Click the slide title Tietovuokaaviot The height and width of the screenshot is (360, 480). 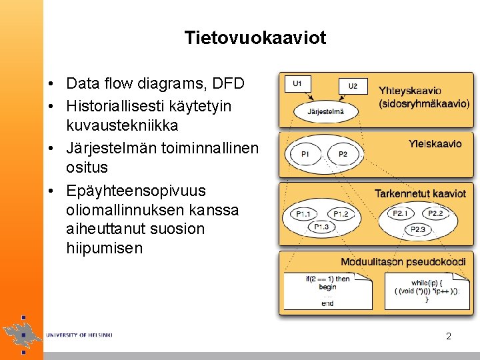[255, 38]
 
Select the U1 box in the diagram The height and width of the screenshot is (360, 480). [297, 83]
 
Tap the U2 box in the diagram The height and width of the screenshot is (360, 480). [353, 86]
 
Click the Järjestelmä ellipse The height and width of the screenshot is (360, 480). [325, 111]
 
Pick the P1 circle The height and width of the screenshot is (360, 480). [305, 155]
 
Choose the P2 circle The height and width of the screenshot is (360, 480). [343, 155]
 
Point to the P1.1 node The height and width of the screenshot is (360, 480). [303, 214]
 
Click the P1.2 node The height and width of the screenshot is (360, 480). [341, 214]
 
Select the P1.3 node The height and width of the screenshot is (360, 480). [321, 227]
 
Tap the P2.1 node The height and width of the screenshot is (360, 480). [400, 213]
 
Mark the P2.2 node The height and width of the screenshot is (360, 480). [436, 213]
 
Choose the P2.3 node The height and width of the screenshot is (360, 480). [418, 229]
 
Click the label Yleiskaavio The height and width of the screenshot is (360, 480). [435, 143]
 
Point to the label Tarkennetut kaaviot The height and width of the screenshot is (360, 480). [420, 193]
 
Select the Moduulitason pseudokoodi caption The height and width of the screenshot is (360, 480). [403, 262]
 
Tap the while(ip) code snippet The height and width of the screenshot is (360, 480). [427, 291]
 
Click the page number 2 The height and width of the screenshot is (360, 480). [449, 336]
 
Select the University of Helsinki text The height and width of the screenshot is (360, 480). [79, 335]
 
